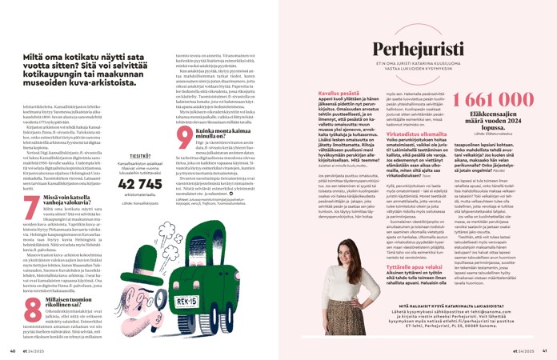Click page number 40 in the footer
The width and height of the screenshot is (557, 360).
(12, 351)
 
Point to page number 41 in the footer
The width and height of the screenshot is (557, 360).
(546, 351)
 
